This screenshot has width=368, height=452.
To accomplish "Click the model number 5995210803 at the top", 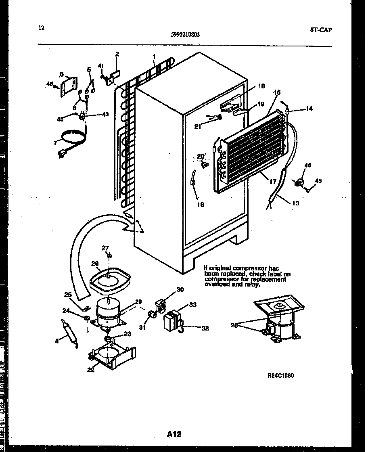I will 185,35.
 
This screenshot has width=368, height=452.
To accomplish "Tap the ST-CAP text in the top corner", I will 322,29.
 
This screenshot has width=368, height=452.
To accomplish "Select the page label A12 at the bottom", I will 174,434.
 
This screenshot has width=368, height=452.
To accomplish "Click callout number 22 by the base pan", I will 91,369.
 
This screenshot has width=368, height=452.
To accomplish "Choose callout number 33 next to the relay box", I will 193,305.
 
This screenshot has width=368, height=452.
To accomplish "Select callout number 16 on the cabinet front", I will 201,205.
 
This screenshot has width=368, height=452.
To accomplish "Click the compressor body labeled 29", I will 108,313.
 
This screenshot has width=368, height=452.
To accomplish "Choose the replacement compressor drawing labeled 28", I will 281,323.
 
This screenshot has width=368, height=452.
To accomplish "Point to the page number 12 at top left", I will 42,28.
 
